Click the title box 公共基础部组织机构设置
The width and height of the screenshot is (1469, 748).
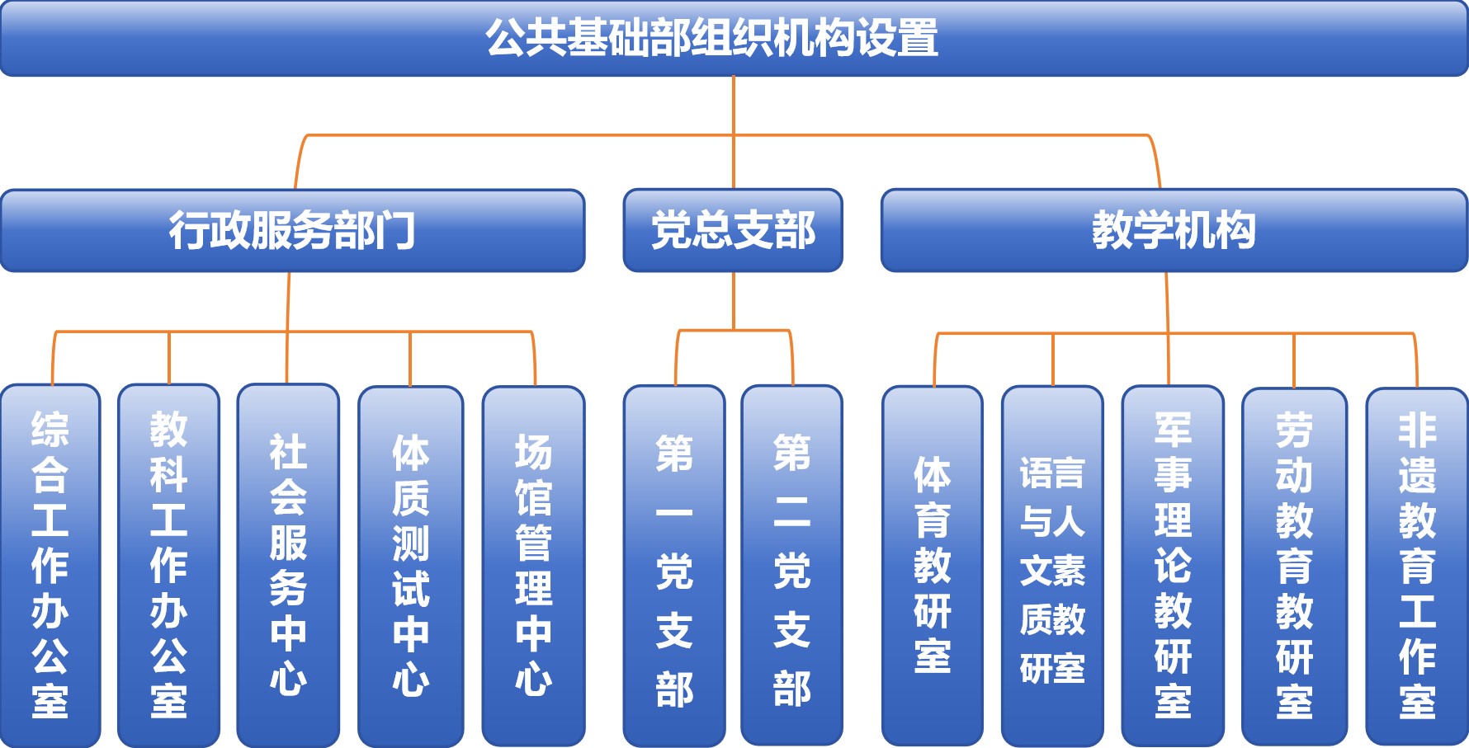coord(733,38)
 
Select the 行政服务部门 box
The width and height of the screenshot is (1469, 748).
coord(292,230)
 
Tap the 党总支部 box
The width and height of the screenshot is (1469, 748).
coord(733,230)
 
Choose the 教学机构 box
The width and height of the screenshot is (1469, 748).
coord(1174,230)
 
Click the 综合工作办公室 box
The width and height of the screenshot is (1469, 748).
coord(50,565)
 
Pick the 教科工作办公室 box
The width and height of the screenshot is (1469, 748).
coord(168,565)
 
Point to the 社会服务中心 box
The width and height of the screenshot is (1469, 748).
coord(288,565)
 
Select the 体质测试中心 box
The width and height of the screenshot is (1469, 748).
coord(410,565)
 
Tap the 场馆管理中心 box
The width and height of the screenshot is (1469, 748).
coord(533,565)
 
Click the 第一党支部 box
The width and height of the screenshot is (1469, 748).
coord(674,565)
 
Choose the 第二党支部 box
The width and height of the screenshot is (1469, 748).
coord(791,565)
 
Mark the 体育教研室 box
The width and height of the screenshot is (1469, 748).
coord(933,565)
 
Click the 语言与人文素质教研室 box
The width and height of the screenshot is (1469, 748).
coord(1052,565)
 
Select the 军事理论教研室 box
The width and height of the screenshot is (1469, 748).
coord(1173,565)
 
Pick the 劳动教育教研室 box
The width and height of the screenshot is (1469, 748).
coord(1294,565)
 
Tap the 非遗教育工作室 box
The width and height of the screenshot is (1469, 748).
coord(1417,565)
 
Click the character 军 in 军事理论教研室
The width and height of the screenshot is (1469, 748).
coord(1173,430)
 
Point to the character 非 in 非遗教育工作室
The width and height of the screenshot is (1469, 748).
coord(1417,430)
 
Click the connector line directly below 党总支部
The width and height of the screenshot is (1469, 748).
coord(734,301)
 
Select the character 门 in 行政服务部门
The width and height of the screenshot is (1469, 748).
coord(395,230)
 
